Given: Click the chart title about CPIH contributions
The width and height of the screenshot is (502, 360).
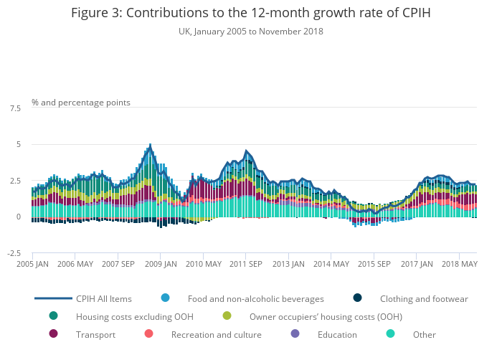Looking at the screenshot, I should tap(251, 13).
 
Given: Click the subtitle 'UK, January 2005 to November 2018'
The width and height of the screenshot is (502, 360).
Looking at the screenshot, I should tap(251, 32).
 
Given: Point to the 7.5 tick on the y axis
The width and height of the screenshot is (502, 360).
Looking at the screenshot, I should tap(15, 108).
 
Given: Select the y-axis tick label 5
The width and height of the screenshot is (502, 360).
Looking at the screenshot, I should tap(19, 145).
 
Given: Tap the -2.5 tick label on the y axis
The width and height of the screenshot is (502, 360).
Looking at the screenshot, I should tap(14, 253).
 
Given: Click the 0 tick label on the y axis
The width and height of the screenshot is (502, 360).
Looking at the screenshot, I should tap(19, 217).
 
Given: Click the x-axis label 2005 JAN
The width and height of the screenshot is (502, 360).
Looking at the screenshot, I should tap(32, 264).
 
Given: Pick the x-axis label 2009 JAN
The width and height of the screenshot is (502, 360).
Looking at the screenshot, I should tap(160, 264).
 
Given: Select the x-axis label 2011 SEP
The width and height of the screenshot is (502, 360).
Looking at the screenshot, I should tap(245, 264).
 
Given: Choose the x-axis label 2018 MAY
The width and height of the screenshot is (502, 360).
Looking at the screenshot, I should tap(458, 264).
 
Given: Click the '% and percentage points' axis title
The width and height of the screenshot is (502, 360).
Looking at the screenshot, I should tap(81, 103).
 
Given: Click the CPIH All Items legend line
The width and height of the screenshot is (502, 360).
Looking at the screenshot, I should tap(54, 298).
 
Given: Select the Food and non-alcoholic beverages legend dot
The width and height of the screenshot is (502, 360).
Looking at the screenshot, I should tap(166, 298).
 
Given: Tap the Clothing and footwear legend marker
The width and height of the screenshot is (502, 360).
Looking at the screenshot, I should tap(358, 298).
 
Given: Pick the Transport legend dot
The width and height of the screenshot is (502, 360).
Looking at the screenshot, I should tap(54, 334).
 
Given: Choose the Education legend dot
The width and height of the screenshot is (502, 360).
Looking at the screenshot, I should tap(295, 334).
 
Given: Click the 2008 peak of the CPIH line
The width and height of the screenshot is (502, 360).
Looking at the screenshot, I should tap(150, 145).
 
